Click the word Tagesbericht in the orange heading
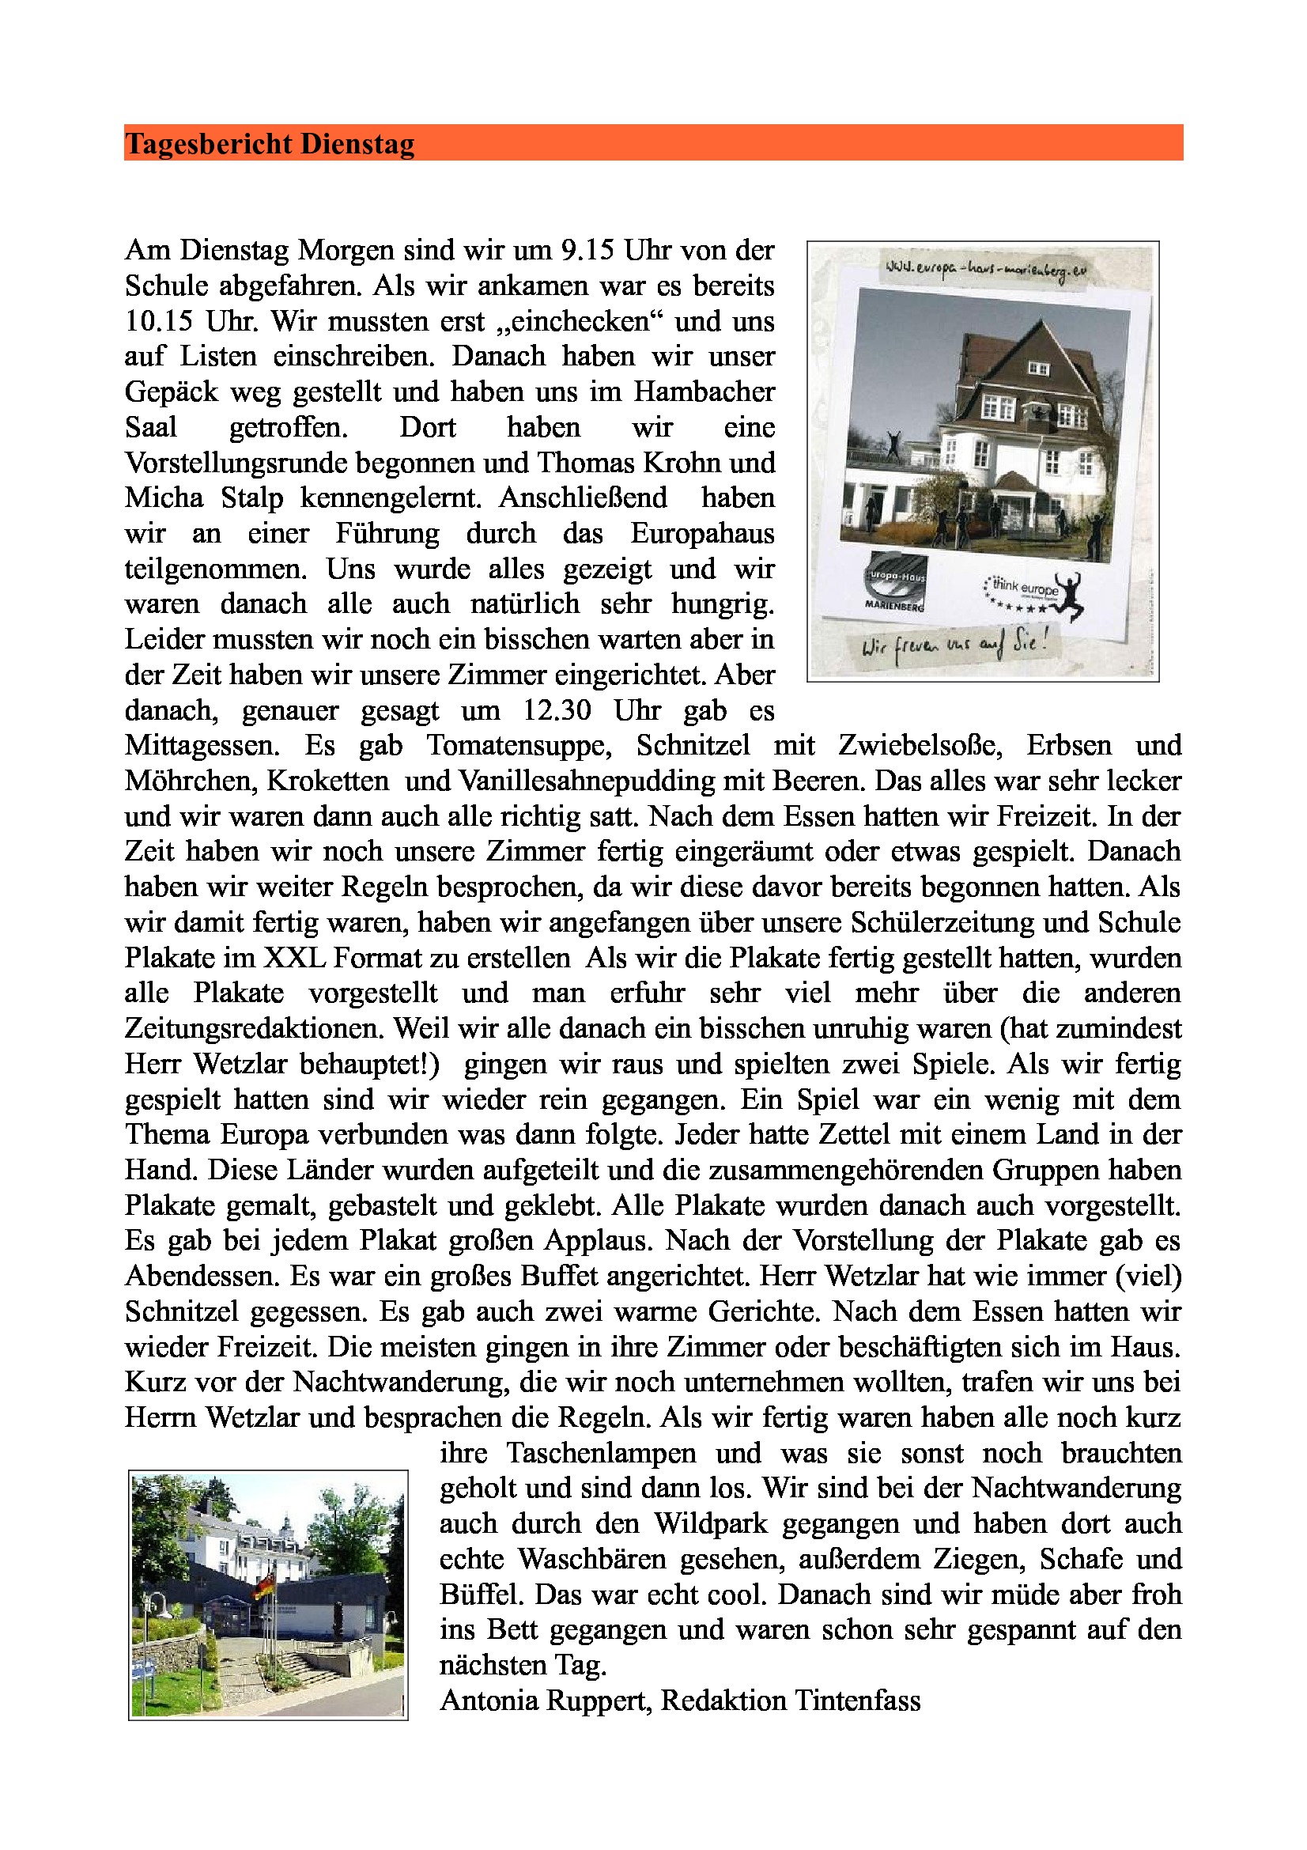[208, 144]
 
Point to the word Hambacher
[704, 392]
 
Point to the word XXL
[294, 958]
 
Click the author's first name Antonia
[489, 1701]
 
